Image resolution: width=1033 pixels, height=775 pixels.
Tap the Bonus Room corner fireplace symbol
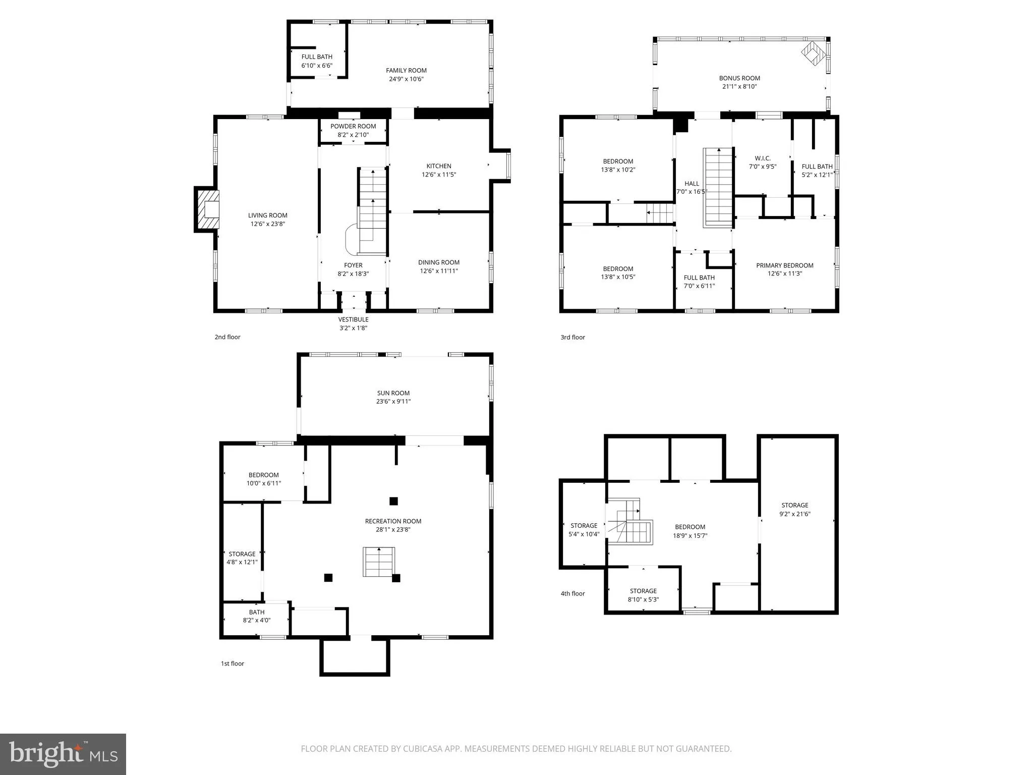click(x=814, y=53)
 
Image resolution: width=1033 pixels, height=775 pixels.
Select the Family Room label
click(x=406, y=71)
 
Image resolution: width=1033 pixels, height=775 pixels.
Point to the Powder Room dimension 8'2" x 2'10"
click(x=353, y=135)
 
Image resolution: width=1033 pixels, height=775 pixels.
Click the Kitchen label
click(x=439, y=166)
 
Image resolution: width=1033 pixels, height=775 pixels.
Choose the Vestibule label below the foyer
click(x=353, y=319)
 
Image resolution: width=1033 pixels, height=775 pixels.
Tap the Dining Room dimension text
click(x=439, y=271)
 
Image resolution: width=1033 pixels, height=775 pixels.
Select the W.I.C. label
click(x=763, y=158)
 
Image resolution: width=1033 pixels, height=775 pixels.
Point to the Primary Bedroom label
click(x=784, y=265)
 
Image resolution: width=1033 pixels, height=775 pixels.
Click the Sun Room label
click(x=393, y=393)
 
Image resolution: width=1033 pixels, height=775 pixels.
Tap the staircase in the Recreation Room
click(x=378, y=562)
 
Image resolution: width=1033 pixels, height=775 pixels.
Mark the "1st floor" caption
click(x=232, y=663)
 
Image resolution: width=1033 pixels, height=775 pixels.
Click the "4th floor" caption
click(x=572, y=593)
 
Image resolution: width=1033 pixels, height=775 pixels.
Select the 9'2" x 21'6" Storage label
click(x=794, y=505)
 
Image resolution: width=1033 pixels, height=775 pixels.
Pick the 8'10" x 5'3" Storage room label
click(x=643, y=591)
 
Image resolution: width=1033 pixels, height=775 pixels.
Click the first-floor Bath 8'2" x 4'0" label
click(x=256, y=612)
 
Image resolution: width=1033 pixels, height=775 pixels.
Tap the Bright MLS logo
click(x=63, y=754)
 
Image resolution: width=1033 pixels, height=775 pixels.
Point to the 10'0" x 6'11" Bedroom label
click(x=263, y=475)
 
